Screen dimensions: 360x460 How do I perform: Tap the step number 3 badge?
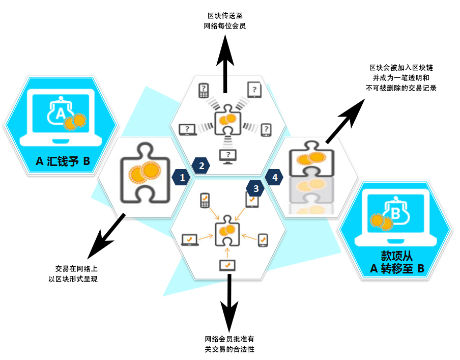pos(255,188)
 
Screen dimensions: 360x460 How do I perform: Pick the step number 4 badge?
pos(275,177)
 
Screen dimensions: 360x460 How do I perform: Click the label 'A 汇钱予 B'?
pos(63,161)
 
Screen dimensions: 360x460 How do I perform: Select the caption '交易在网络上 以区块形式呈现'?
pos(76,273)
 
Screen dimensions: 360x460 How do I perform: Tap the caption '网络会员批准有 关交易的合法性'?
pos(229,344)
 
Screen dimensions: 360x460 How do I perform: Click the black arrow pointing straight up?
pos(224,59)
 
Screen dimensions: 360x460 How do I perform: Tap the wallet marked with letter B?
pos(395,214)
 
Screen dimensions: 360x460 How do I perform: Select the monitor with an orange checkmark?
pos(227,265)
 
